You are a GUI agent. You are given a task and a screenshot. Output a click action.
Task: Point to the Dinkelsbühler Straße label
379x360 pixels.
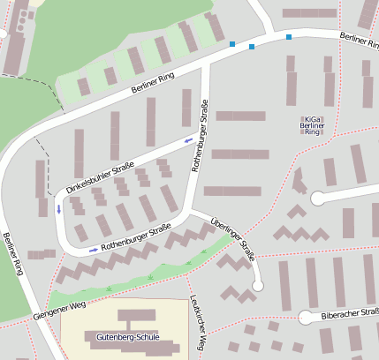point(100,177)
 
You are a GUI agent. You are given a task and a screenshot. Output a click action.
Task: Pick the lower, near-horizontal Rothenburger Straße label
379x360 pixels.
point(135,238)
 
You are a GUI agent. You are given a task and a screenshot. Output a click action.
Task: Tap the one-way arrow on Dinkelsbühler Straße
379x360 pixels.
point(188,139)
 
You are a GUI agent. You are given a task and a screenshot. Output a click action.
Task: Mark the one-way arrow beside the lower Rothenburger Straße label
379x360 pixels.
point(94,250)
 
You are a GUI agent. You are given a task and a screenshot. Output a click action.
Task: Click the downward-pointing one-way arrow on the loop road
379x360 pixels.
point(59,209)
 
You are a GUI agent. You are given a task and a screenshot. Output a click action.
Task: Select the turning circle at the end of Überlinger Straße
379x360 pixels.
point(257,285)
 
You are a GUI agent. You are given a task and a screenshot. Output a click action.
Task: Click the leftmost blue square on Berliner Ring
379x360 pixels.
point(232,43)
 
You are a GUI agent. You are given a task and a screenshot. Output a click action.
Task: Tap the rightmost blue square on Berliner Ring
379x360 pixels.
point(288,37)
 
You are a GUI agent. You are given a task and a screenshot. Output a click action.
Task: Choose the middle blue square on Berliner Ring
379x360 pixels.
point(252,46)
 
